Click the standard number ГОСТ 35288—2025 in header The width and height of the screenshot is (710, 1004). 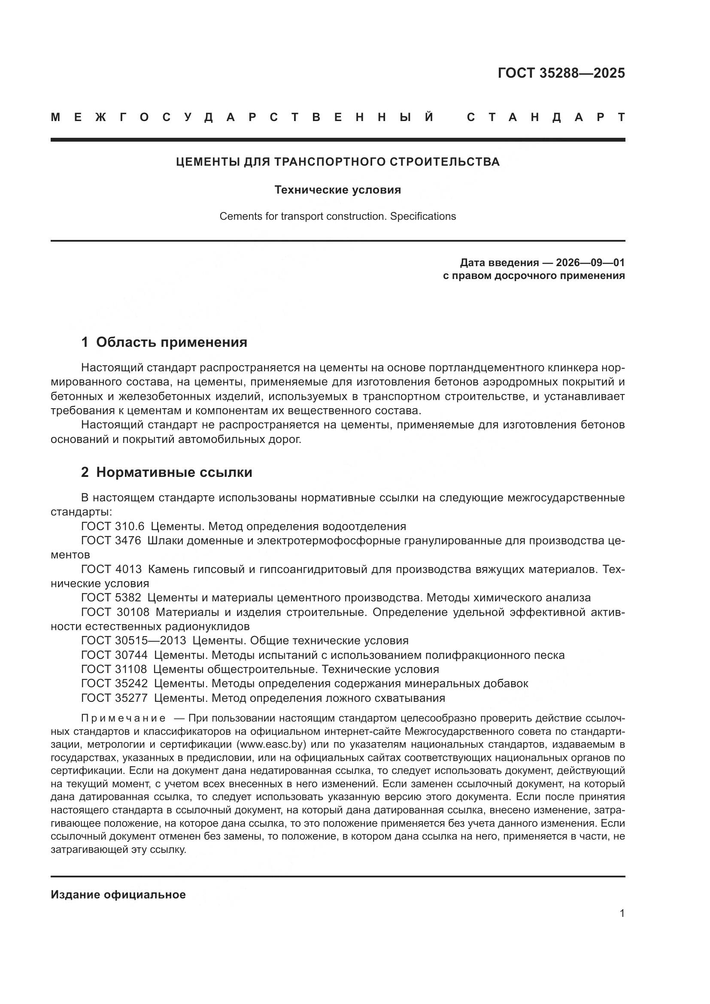561,73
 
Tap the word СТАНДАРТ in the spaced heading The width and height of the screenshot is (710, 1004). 546,117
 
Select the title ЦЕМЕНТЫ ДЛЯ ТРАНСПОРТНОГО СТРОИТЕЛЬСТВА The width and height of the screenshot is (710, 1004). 337,162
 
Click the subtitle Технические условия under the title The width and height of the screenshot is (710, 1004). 337,190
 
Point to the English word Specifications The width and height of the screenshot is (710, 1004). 423,216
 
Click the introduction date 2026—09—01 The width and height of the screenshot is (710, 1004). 590,262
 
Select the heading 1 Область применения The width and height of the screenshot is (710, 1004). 164,342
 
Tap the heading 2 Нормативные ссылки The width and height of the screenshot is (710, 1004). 167,472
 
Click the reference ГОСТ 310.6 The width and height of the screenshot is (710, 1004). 113,526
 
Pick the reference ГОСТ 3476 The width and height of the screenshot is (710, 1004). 111,540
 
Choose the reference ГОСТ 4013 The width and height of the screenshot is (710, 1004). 112,569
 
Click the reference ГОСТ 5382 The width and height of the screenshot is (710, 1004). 111,598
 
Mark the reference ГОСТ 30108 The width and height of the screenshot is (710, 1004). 115,612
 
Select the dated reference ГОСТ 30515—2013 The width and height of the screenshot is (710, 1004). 134,640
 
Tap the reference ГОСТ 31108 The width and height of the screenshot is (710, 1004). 114,669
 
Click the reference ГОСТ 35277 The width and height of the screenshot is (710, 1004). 114,698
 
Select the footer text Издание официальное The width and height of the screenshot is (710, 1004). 118,895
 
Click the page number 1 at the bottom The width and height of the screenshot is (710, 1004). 622,913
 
